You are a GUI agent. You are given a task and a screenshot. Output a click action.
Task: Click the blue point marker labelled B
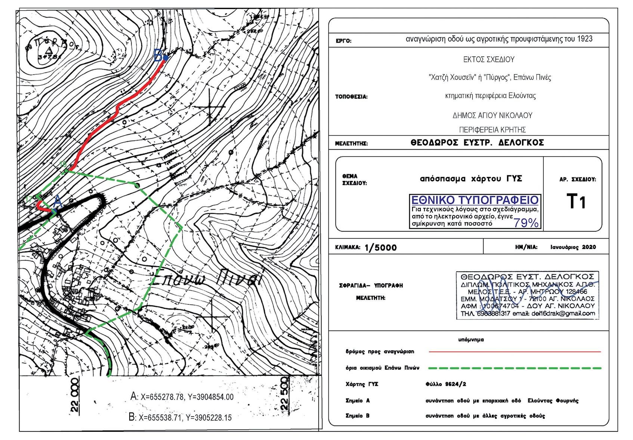pyautogui.click(x=165, y=58)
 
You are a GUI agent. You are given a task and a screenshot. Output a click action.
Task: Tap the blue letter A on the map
pyautogui.click(x=58, y=201)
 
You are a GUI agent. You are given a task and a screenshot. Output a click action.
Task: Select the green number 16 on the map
pyautogui.click(x=63, y=164)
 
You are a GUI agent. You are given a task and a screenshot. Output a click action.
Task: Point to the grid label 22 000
pyautogui.click(x=75, y=395)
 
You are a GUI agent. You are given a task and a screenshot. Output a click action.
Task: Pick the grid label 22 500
pyautogui.click(x=284, y=393)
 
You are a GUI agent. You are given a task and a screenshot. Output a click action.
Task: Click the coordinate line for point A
pyautogui.click(x=182, y=397)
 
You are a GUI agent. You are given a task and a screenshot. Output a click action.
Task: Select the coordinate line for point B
pyautogui.click(x=180, y=417)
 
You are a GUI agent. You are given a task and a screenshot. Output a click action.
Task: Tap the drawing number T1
pyautogui.click(x=576, y=201)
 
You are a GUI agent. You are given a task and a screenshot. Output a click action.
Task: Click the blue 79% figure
pyautogui.click(x=526, y=223)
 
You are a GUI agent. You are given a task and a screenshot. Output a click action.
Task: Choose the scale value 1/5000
pyautogui.click(x=380, y=247)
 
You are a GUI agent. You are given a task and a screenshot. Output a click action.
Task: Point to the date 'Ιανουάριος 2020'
pyautogui.click(x=573, y=247)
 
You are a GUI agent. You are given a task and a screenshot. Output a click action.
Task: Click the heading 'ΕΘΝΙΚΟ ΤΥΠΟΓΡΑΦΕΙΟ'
pyautogui.click(x=475, y=200)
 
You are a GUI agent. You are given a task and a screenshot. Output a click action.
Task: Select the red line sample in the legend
pyautogui.click(x=515, y=352)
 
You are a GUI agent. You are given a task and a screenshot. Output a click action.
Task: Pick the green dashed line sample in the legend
pyautogui.click(x=515, y=368)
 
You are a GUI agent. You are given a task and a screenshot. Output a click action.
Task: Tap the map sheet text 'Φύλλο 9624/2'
pyautogui.click(x=445, y=384)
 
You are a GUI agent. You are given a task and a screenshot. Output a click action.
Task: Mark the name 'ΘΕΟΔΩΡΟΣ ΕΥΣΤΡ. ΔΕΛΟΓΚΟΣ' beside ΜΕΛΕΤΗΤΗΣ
pyautogui.click(x=477, y=143)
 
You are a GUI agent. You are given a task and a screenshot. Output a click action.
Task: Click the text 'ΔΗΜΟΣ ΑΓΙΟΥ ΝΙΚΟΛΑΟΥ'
pyautogui.click(x=492, y=116)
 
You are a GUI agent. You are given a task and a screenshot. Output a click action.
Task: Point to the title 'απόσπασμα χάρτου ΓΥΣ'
pyautogui.click(x=471, y=179)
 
